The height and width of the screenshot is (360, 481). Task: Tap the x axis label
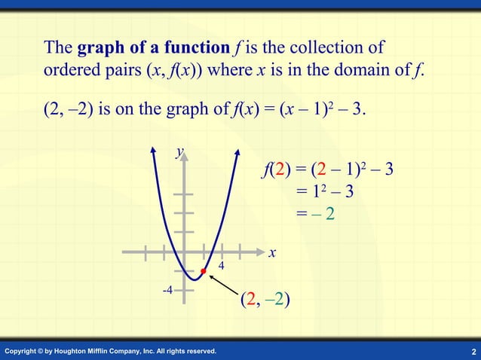(x=272, y=255)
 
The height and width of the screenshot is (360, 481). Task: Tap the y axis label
(x=179, y=152)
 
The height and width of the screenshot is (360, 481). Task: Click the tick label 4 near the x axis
(x=222, y=265)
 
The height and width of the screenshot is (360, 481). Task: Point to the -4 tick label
(x=167, y=290)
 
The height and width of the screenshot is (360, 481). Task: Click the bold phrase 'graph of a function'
(x=153, y=48)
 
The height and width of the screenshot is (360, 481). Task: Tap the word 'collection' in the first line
(x=323, y=48)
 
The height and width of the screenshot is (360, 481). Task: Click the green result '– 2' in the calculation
(x=321, y=214)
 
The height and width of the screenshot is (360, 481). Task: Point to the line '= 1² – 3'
(x=325, y=191)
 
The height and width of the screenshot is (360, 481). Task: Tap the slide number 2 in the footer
(x=472, y=352)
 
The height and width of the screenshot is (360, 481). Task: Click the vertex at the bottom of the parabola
(x=194, y=279)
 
